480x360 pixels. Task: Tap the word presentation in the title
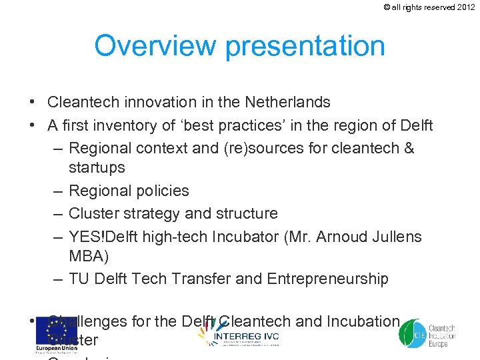tap(305, 47)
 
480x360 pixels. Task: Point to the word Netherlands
tap(287, 102)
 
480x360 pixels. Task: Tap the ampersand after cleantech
tap(407, 148)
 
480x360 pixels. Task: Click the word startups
tap(97, 167)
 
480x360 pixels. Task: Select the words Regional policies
tap(129, 191)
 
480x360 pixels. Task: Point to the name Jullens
tap(397, 237)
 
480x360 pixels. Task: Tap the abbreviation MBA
tap(86, 256)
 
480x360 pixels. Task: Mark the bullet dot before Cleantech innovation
tap(32, 102)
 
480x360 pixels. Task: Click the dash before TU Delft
tap(57, 279)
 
